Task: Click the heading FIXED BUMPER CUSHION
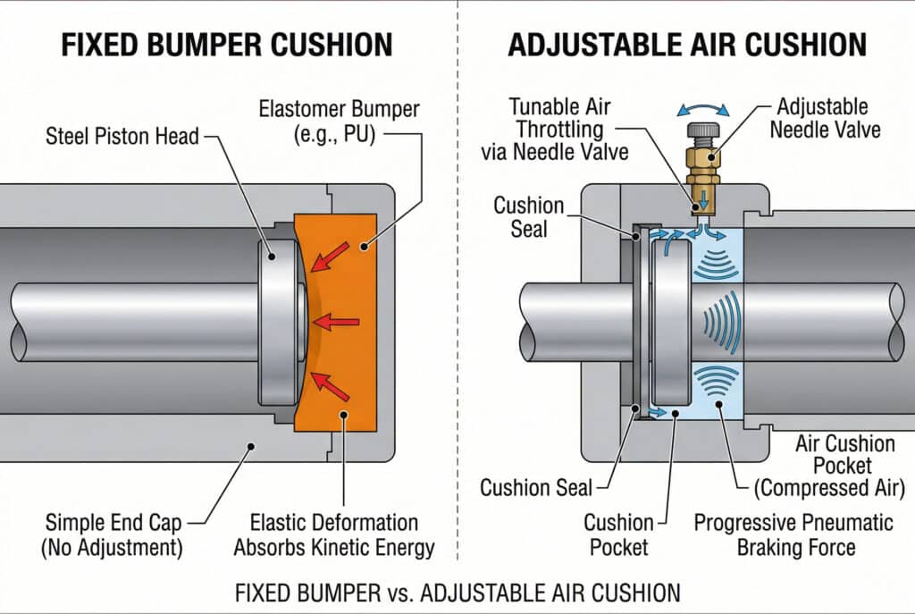pyautogui.click(x=226, y=44)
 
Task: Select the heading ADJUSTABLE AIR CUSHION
pyautogui.click(x=686, y=44)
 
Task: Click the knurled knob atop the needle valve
pyautogui.click(x=703, y=132)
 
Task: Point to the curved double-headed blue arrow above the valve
pyautogui.click(x=703, y=110)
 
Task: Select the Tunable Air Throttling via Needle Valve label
pyautogui.click(x=568, y=129)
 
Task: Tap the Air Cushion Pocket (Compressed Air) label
pyautogui.click(x=844, y=466)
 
